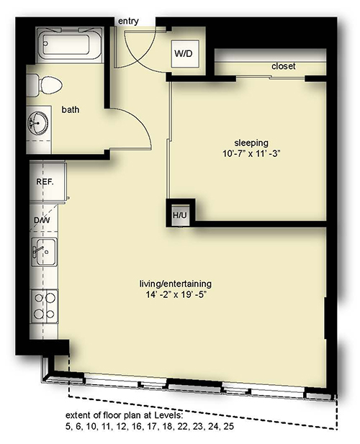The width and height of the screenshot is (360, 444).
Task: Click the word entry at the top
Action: (128, 22)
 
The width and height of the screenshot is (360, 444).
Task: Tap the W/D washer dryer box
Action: (185, 54)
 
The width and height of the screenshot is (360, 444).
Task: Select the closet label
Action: (283, 66)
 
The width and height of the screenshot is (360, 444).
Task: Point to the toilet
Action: (45, 85)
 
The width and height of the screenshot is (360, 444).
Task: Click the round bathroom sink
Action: (37, 123)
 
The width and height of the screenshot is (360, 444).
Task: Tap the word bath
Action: (71, 109)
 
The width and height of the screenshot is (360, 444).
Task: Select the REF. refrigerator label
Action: (45, 181)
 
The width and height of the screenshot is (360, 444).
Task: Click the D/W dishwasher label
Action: (42, 220)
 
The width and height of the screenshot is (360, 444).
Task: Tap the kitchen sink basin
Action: (45, 252)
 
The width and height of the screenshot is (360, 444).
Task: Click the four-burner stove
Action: (45, 307)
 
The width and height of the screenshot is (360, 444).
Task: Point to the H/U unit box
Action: (181, 215)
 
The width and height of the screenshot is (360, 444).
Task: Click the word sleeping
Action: (251, 142)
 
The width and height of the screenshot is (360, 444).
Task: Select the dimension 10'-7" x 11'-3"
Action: (251, 154)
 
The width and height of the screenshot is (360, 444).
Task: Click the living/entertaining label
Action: (176, 284)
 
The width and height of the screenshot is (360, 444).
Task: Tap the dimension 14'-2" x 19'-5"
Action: (176, 295)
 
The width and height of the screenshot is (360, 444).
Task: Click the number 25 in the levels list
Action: (228, 427)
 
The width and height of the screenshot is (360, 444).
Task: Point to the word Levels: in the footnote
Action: (168, 415)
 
